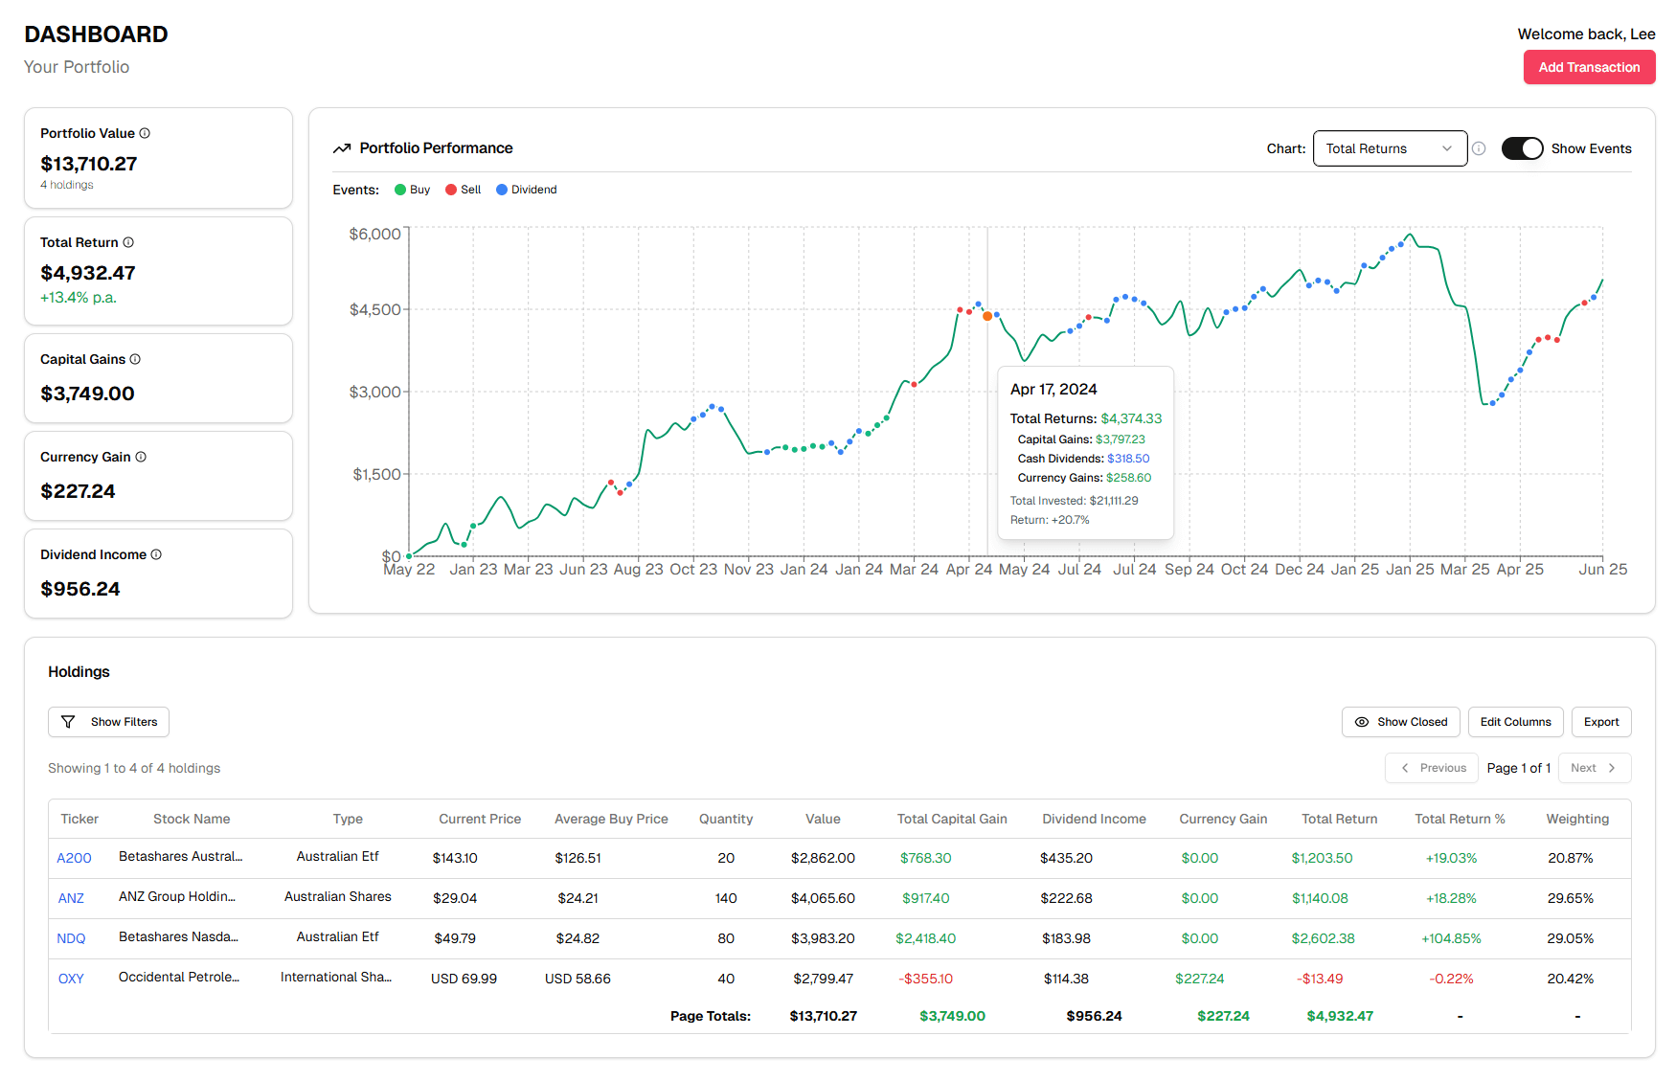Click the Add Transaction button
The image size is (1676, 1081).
1589,67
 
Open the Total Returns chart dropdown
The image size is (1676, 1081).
1389,148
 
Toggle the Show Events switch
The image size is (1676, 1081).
1522,148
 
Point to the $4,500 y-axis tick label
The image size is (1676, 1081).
374,309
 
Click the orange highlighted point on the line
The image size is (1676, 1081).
987,316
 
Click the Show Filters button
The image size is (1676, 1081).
108,722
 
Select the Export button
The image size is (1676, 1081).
1600,722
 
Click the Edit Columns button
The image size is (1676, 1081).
1515,722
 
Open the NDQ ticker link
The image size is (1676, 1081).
71,938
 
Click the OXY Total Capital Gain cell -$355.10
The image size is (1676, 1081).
925,979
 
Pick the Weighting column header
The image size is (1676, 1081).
1576,819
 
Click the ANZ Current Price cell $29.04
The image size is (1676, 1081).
455,898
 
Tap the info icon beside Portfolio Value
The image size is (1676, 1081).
145,133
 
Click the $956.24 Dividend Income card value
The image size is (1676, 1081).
80,589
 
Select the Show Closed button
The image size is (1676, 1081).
1400,722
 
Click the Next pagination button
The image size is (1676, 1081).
1594,768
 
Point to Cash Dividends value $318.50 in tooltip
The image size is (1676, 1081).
1128,459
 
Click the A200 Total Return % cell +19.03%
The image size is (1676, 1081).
1451,858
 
